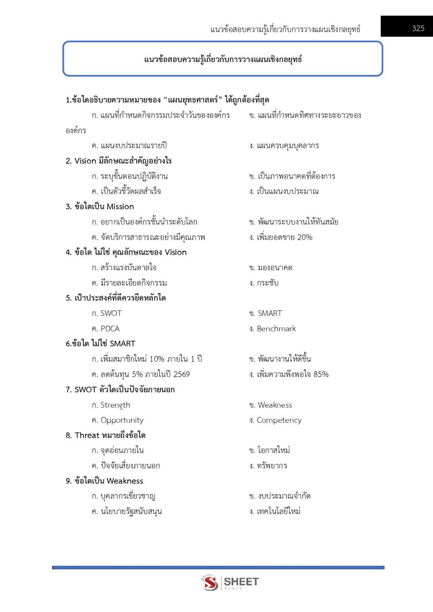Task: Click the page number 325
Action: pos(418,28)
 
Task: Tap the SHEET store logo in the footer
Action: pos(230,582)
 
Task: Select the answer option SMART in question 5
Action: pos(269,313)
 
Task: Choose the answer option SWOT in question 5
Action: pos(111,313)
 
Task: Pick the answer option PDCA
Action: pos(110,328)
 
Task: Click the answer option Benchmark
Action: pos(276,328)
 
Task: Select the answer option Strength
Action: pos(115,405)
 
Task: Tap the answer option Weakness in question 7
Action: pos(274,405)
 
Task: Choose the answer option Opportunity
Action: pos(122,420)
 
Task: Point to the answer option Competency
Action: pos(279,420)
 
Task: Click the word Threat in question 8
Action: pos(87,435)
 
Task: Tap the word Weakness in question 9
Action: pos(125,481)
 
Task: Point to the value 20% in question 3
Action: pos(305,237)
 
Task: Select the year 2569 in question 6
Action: pos(181,374)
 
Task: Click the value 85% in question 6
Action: pos(321,374)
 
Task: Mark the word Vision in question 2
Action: pos(85,161)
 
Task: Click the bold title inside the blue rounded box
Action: pos(223,59)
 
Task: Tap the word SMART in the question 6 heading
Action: pos(122,344)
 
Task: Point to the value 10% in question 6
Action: pos(157,359)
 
